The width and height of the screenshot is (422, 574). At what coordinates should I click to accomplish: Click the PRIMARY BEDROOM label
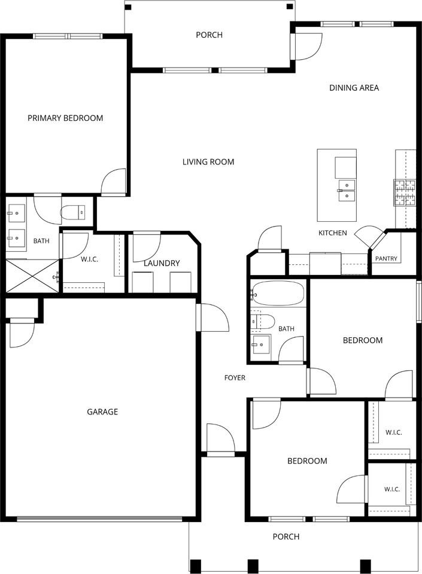65,118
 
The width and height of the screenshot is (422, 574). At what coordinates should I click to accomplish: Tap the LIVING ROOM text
208,162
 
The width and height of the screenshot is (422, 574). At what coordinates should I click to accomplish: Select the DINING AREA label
354,87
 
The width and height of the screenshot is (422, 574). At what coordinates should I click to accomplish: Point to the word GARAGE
102,412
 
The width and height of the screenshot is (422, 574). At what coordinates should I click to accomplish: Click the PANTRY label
386,258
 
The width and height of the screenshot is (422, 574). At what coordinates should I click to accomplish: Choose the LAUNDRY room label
162,263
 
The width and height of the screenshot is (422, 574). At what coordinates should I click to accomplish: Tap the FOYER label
235,378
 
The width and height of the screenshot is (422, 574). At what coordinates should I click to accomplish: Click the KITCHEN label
333,233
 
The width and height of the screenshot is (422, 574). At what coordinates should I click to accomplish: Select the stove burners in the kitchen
405,192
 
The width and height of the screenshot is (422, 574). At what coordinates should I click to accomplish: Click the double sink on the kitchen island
347,191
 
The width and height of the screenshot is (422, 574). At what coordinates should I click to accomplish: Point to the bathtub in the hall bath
278,293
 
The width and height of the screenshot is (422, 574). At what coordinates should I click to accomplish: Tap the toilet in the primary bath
73,213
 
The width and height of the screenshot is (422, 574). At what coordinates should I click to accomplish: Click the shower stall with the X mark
32,276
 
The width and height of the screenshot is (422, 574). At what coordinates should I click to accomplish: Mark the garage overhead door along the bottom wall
99,518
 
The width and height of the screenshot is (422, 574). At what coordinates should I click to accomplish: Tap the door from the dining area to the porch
307,47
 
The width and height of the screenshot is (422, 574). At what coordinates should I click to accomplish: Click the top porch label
209,35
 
